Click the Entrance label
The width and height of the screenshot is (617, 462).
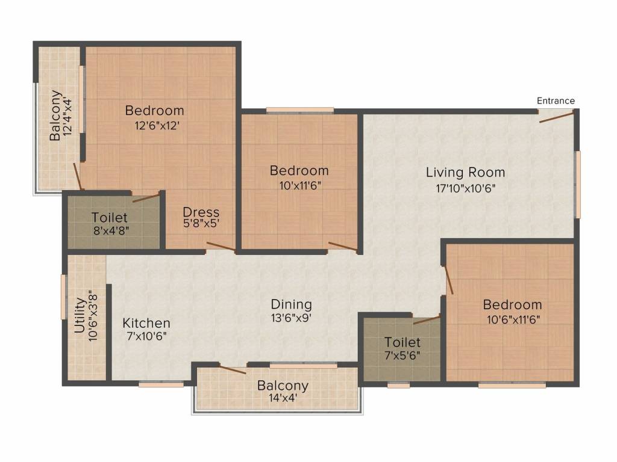[x=556, y=101]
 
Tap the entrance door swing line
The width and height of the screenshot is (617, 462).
[x=556, y=117]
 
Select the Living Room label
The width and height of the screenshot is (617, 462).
[x=466, y=173]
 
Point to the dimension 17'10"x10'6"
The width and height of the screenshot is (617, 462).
[x=466, y=188]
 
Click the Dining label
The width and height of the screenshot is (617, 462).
[x=292, y=304]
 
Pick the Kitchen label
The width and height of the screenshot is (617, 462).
[x=146, y=323]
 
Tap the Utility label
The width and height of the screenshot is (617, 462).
[x=80, y=315]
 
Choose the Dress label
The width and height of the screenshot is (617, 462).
[x=201, y=212]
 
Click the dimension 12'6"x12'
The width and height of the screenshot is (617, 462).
[x=157, y=126]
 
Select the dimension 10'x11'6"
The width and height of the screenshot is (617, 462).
[x=300, y=185]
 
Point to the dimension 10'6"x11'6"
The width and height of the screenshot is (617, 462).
[x=513, y=319]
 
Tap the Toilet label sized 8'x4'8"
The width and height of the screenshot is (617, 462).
[x=110, y=218]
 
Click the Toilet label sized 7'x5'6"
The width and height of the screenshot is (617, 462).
[x=402, y=342]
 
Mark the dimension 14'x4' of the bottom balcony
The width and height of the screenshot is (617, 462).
[x=283, y=398]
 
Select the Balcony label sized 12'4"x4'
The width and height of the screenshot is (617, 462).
[x=55, y=115]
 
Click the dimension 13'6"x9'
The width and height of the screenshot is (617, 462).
[x=291, y=318]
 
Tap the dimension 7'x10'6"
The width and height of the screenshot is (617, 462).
[x=146, y=336]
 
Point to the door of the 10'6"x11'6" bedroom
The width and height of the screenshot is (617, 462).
[x=448, y=280]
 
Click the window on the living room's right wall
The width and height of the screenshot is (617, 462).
[x=577, y=185]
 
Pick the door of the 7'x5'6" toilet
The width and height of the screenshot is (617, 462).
[x=427, y=320]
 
